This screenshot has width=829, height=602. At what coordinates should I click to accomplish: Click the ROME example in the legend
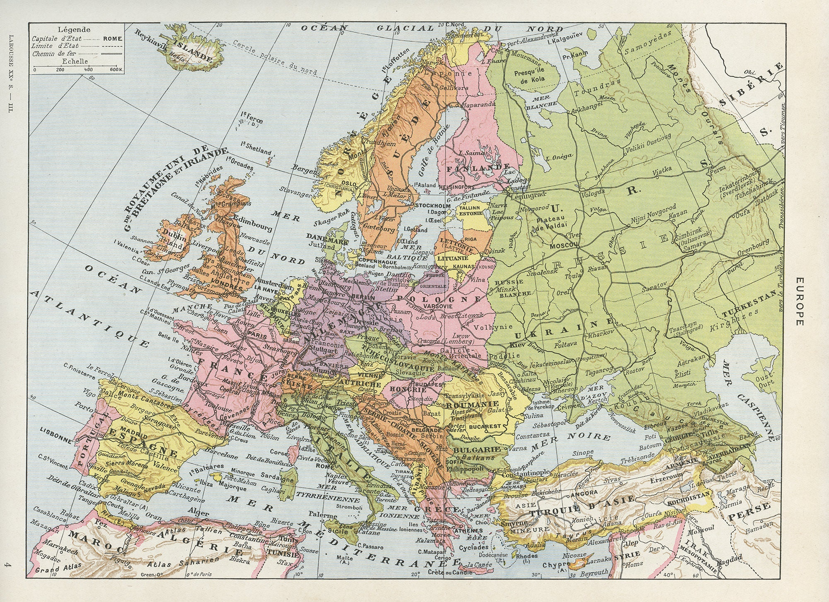tap(113, 39)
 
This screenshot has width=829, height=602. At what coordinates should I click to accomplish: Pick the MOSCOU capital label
tap(563, 246)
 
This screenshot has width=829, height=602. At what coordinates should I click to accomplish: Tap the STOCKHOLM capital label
tap(433, 206)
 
